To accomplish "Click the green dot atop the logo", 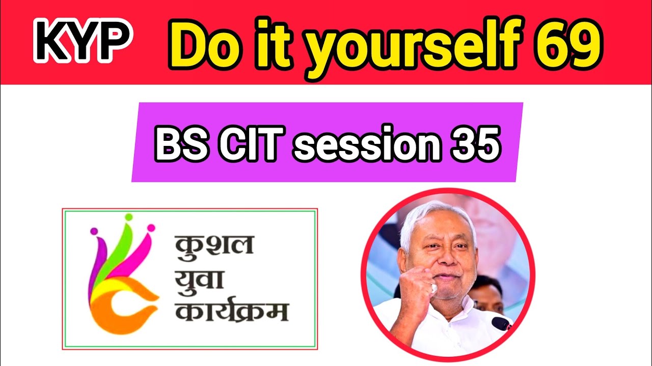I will click(x=128, y=218).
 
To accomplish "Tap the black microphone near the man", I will click(x=502, y=323).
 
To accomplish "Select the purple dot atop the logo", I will click(x=94, y=232).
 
